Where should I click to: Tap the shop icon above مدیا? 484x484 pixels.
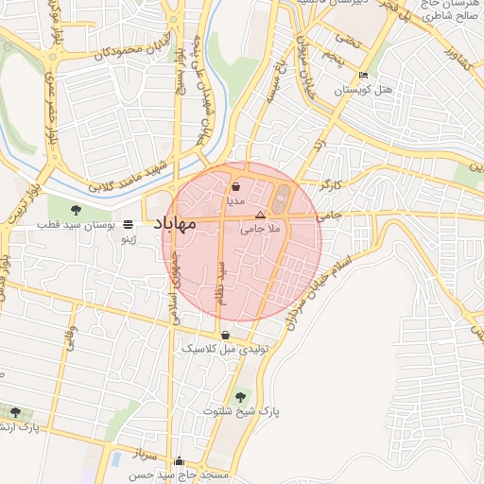coord(235,188)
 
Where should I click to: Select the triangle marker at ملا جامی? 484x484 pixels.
coord(261,216)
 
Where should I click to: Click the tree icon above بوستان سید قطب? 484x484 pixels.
coord(77,210)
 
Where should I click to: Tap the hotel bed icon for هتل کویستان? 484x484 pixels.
coord(364,77)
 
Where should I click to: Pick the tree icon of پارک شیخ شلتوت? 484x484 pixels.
coord(239,396)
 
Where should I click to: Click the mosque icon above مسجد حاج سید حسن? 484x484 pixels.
coord(181,460)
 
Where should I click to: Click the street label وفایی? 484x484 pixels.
coord(70,340)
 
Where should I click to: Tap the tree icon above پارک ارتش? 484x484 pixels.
coord(14,411)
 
